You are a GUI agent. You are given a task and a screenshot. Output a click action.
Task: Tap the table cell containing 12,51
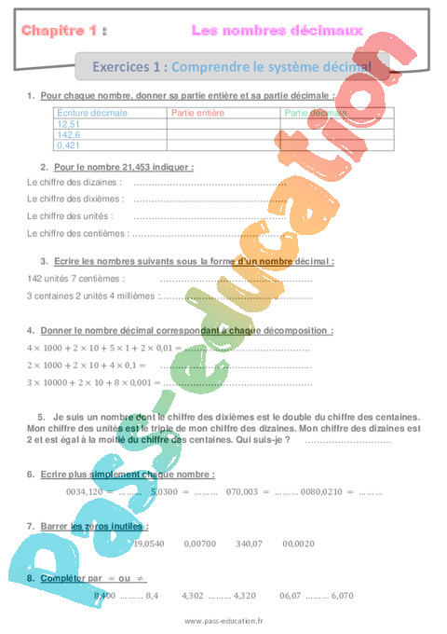point(69,124)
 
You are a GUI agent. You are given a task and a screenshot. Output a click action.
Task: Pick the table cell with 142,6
point(69,134)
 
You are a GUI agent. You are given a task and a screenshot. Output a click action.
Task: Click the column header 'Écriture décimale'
point(92,113)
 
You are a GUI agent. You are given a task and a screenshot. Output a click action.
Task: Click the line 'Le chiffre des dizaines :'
point(74,182)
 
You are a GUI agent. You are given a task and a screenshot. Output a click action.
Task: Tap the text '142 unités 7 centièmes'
point(76,278)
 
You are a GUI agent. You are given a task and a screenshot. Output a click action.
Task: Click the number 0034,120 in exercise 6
point(85,490)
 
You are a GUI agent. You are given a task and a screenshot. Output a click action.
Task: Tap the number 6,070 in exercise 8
point(343,594)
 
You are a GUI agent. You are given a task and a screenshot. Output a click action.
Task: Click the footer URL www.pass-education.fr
point(223,622)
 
